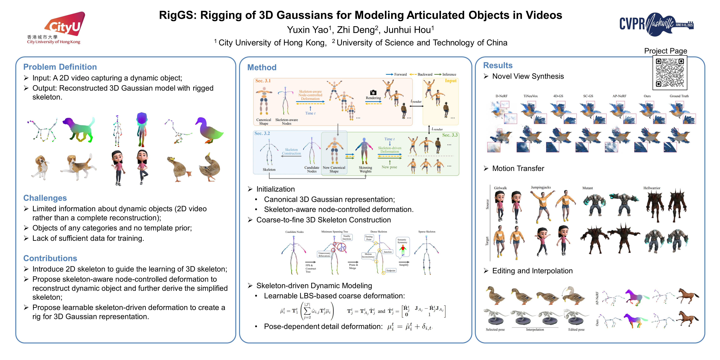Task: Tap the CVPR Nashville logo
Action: [x=656, y=24]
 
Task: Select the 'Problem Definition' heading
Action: [x=60, y=67]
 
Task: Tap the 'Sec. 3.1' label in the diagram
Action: [x=263, y=81]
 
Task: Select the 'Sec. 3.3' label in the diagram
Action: [x=450, y=135]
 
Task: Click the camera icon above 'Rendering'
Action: [x=373, y=92]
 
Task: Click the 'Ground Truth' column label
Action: [x=679, y=96]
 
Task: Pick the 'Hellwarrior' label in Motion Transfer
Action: [x=652, y=188]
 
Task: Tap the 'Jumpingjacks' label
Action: [x=541, y=187]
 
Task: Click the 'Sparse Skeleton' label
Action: [x=427, y=232]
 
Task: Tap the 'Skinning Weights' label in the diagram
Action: [x=365, y=169]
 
